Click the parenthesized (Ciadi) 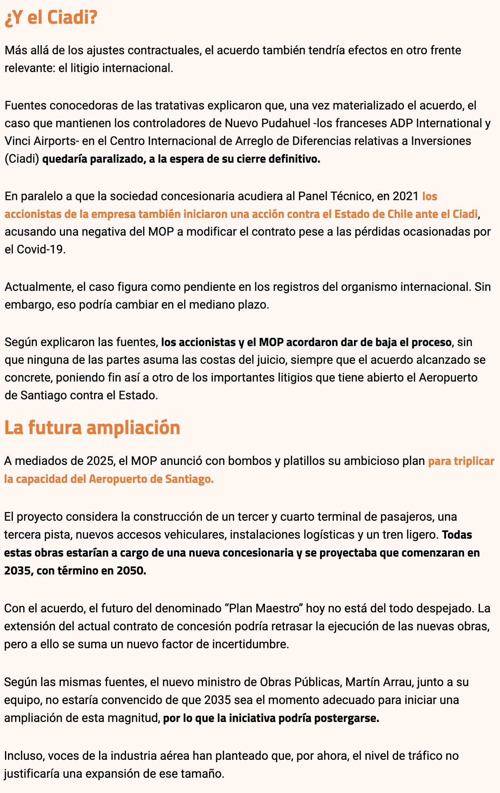tap(22, 159)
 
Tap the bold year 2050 tap(131, 571)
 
